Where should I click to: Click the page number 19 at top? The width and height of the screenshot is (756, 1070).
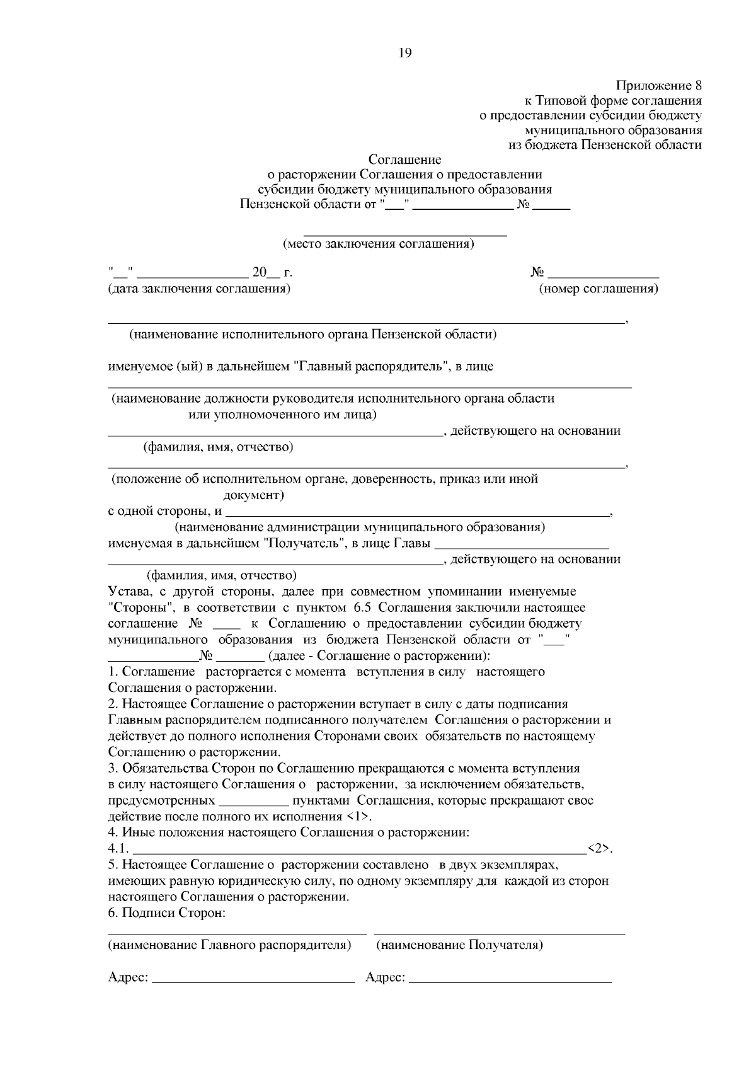[x=404, y=53]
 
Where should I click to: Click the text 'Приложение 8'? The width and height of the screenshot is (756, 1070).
[x=658, y=85]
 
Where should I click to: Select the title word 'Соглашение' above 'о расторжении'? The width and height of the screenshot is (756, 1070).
[x=404, y=160]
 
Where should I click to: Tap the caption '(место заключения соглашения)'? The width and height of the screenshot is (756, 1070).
[x=378, y=243]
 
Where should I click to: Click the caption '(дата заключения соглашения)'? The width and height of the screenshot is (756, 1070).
[x=199, y=289]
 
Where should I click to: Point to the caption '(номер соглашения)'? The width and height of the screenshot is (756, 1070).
[x=598, y=289]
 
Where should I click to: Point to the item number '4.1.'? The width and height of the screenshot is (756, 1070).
[x=118, y=849]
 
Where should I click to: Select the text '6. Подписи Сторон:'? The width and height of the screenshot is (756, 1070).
[x=167, y=912]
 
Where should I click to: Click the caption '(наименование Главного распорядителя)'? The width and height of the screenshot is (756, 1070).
[x=229, y=945]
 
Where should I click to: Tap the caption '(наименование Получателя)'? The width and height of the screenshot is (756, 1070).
[x=460, y=945]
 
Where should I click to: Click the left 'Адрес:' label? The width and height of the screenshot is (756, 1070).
[x=129, y=977]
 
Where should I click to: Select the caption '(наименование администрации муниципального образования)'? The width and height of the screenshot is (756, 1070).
[x=360, y=527]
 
